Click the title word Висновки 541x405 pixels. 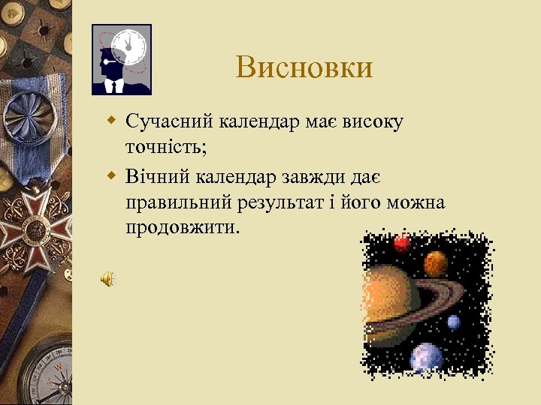(x=304, y=67)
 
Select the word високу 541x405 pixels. (x=373, y=122)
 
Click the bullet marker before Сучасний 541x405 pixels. (x=112, y=120)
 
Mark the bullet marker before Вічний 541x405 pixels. (x=112, y=175)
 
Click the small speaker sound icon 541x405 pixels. (x=107, y=280)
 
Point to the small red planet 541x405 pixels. (x=402, y=243)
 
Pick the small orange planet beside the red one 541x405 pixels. (x=436, y=262)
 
